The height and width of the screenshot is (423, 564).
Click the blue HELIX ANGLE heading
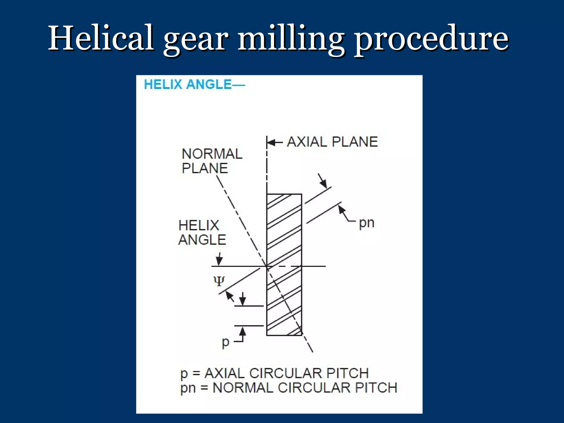pos(194,84)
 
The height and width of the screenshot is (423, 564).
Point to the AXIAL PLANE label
pos(332,142)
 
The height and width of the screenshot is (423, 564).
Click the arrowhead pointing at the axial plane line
pos(272,143)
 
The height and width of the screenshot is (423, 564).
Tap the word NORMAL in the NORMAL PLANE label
pos(212,154)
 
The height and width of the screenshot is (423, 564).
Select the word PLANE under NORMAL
pos(205,168)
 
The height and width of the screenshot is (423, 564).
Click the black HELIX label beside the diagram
pos(199,226)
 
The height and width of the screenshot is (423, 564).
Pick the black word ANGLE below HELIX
pos(202,240)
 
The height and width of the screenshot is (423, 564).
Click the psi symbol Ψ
pos(219,281)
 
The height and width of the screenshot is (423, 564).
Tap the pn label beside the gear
pos(367,223)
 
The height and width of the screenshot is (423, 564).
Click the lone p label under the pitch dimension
pos(225,342)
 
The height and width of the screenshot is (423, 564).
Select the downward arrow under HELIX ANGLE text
pos(219,260)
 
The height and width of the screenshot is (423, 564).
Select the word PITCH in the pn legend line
pos(376,388)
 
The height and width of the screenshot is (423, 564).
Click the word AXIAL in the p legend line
pos(224,374)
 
